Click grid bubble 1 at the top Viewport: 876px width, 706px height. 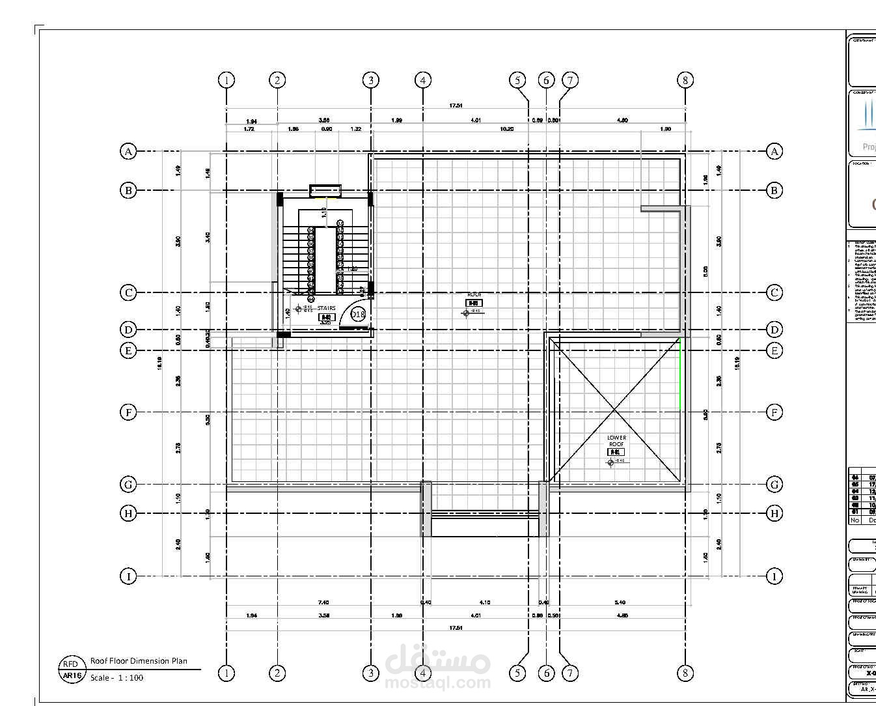click(226, 80)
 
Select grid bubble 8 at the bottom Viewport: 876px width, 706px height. click(685, 673)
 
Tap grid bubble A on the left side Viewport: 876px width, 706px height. click(129, 151)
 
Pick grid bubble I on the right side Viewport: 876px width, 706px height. click(774, 576)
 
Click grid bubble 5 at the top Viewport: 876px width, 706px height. click(517, 80)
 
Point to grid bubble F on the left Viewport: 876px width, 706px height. click(129, 412)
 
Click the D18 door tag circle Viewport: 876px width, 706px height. click(358, 314)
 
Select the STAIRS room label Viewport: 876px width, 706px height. click(327, 308)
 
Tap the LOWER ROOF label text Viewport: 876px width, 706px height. click(616, 441)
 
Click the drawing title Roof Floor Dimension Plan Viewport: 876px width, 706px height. click(139, 661)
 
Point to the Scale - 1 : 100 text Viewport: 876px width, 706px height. click(117, 677)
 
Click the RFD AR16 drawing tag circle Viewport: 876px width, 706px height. click(71, 670)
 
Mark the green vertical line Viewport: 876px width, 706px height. click(681, 374)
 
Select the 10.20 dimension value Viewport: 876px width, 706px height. click(506, 129)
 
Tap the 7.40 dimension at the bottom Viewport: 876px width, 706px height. click(323, 602)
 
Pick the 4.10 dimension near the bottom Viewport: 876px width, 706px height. click(484, 602)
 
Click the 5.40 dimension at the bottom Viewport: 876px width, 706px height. click(620, 602)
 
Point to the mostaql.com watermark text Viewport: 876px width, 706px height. click(438, 683)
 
